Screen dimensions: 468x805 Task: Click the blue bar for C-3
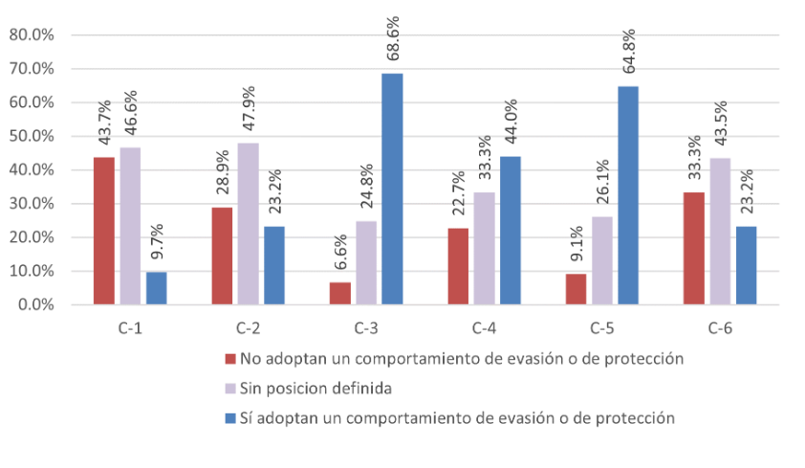tap(392, 189)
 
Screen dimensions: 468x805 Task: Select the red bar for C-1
tap(103, 231)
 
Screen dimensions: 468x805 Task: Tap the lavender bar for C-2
tap(248, 223)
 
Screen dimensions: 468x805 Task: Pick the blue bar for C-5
tap(627, 195)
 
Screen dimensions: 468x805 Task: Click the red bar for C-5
tap(576, 289)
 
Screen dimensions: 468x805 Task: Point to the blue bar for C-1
tap(156, 288)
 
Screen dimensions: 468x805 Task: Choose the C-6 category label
tap(720, 328)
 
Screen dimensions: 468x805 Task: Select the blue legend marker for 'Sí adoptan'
tap(229, 418)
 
